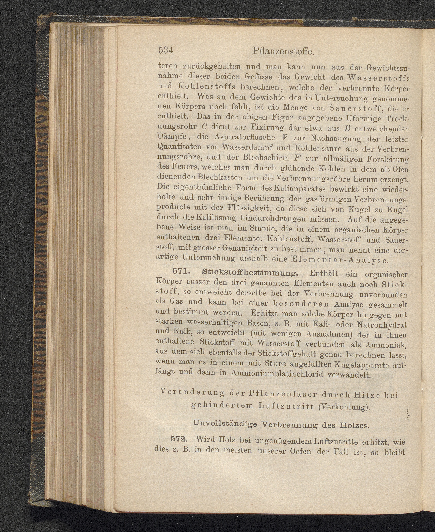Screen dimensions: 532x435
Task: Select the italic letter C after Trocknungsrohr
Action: [x=204, y=127]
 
